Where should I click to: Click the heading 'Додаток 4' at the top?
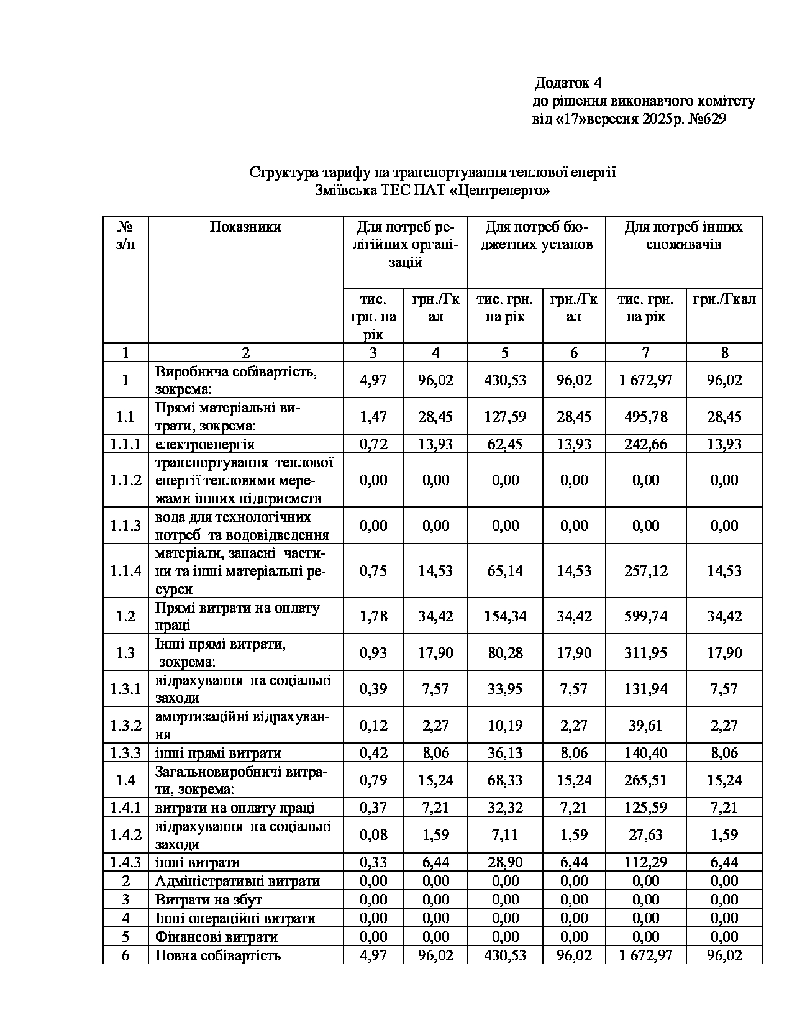[568, 83]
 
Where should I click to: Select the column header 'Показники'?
[245, 227]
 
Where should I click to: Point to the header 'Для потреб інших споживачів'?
[683, 235]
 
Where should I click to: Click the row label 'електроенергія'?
[205, 444]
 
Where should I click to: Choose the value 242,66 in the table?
[645, 444]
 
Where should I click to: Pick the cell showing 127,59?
[504, 417]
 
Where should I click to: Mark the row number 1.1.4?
[125, 571]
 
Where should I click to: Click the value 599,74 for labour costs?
[645, 616]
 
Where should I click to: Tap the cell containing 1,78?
[373, 616]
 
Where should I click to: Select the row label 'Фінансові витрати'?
[216, 937]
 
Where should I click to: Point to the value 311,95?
[645, 653]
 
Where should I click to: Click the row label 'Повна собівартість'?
[218, 955]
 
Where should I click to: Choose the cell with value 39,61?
[645, 726]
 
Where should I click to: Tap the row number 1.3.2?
[125, 726]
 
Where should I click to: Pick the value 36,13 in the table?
[504, 754]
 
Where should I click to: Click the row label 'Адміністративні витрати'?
[237, 881]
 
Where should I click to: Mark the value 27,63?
[645, 835]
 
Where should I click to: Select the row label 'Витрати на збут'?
[209, 900]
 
